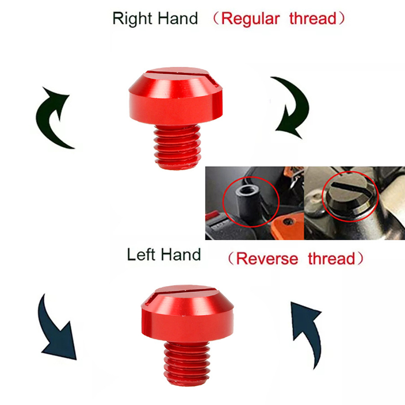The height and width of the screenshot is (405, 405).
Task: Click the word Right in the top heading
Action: [132, 19]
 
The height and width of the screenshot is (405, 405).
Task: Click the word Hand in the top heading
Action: [178, 18]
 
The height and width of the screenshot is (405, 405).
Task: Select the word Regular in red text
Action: [250, 19]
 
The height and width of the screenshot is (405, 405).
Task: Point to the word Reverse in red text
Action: [267, 259]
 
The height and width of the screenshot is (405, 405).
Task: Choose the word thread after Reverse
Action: [332, 259]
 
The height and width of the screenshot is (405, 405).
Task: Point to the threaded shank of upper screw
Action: [177, 147]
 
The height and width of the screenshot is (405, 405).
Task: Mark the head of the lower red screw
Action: [187, 314]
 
